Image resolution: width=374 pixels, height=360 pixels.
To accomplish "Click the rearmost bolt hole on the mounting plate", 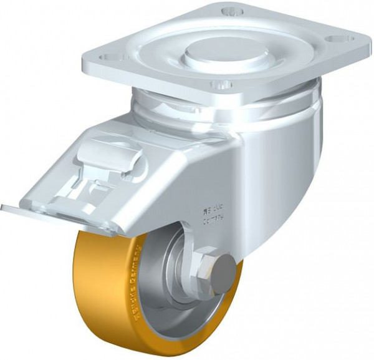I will pos(233,12).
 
